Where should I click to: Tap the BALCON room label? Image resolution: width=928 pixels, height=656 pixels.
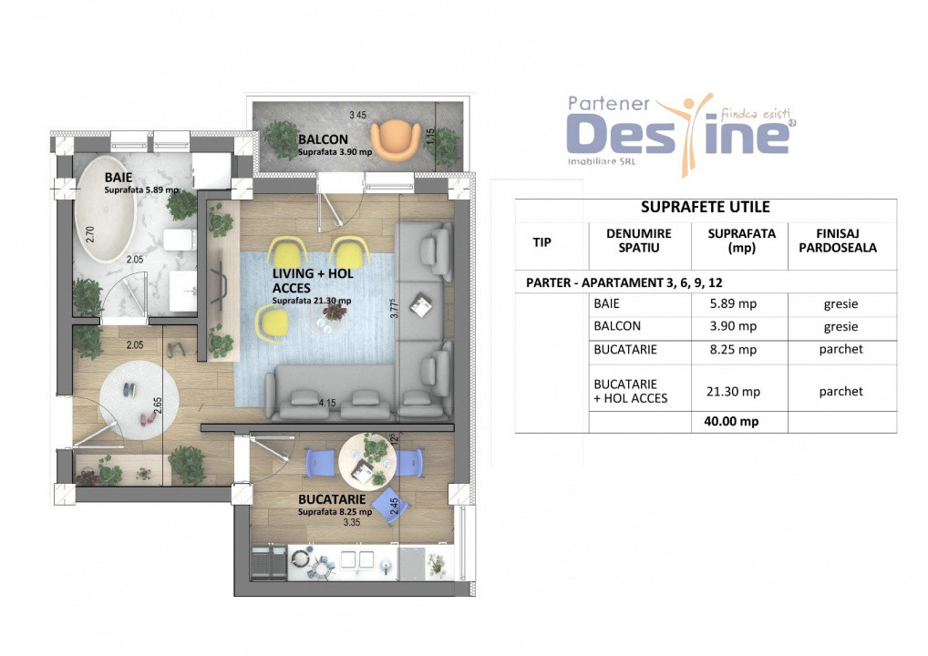(320, 139)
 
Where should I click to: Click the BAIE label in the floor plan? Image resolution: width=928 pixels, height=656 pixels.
(117, 177)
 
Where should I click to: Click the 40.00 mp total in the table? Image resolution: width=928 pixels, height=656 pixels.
(732, 422)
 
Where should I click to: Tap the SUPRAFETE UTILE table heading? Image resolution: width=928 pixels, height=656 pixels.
(706, 208)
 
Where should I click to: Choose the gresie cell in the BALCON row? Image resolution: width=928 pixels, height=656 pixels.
(840, 326)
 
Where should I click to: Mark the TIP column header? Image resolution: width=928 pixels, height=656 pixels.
(541, 241)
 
